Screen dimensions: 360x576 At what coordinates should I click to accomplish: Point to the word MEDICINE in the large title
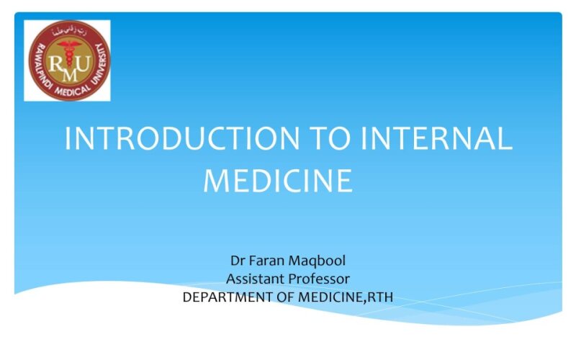tap(278, 180)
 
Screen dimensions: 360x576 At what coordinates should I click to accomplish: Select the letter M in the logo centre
tap(67, 73)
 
